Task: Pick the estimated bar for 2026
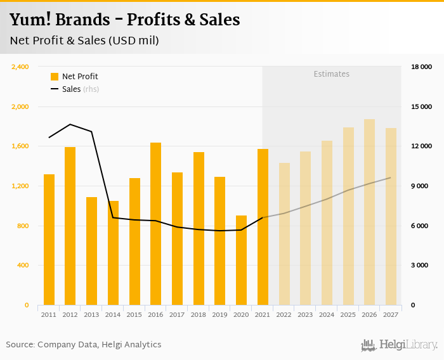(x=369, y=212)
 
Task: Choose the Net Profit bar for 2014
(x=113, y=253)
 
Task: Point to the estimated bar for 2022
(x=284, y=234)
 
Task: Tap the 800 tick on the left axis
(x=23, y=226)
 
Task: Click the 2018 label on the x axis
(x=199, y=314)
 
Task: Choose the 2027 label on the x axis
(x=391, y=314)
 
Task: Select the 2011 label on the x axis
(x=49, y=314)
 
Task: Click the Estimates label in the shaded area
(x=331, y=74)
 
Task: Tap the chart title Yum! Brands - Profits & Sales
(x=124, y=20)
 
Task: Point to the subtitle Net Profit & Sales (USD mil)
(x=84, y=41)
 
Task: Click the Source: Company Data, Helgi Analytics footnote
(x=84, y=345)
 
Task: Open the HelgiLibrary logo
(x=400, y=345)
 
